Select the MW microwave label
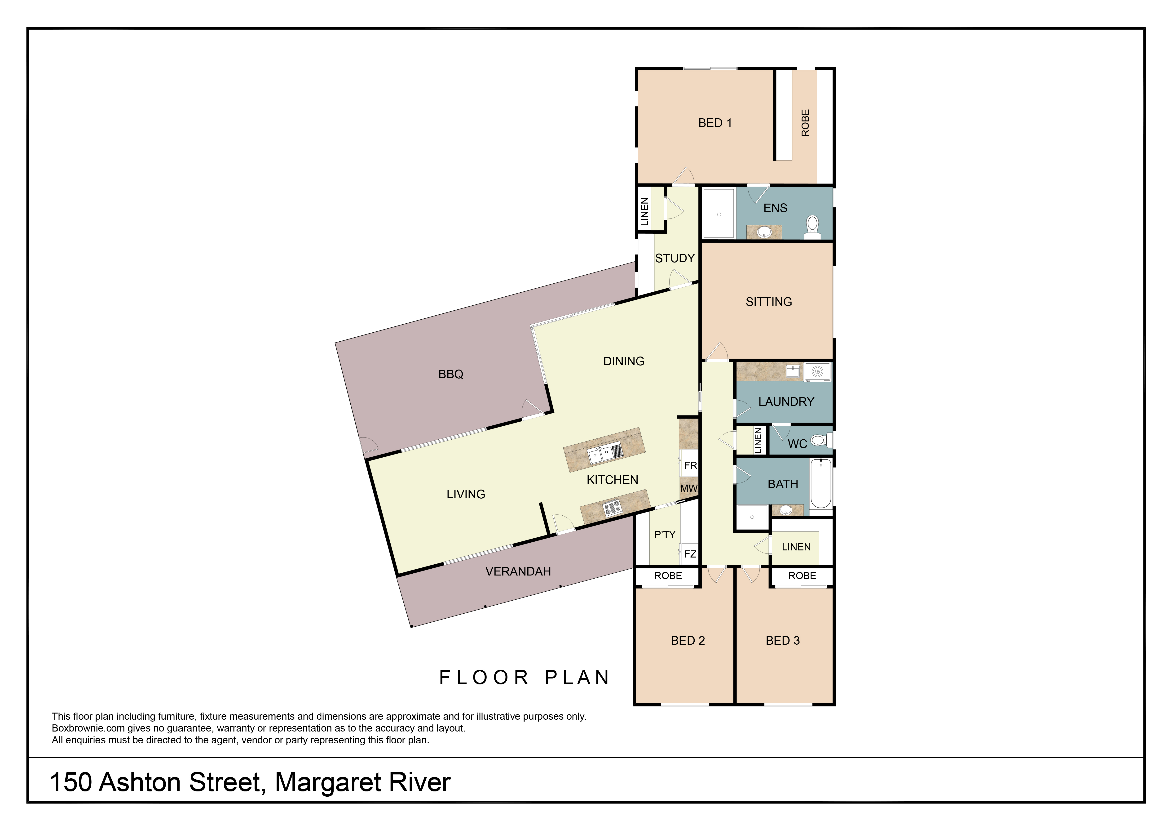tap(689, 488)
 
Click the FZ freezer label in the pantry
tap(690, 554)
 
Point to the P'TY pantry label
tap(665, 535)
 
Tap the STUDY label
tap(675, 259)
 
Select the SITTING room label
tap(769, 302)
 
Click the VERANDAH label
tap(518, 571)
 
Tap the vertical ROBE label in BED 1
tap(806, 123)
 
